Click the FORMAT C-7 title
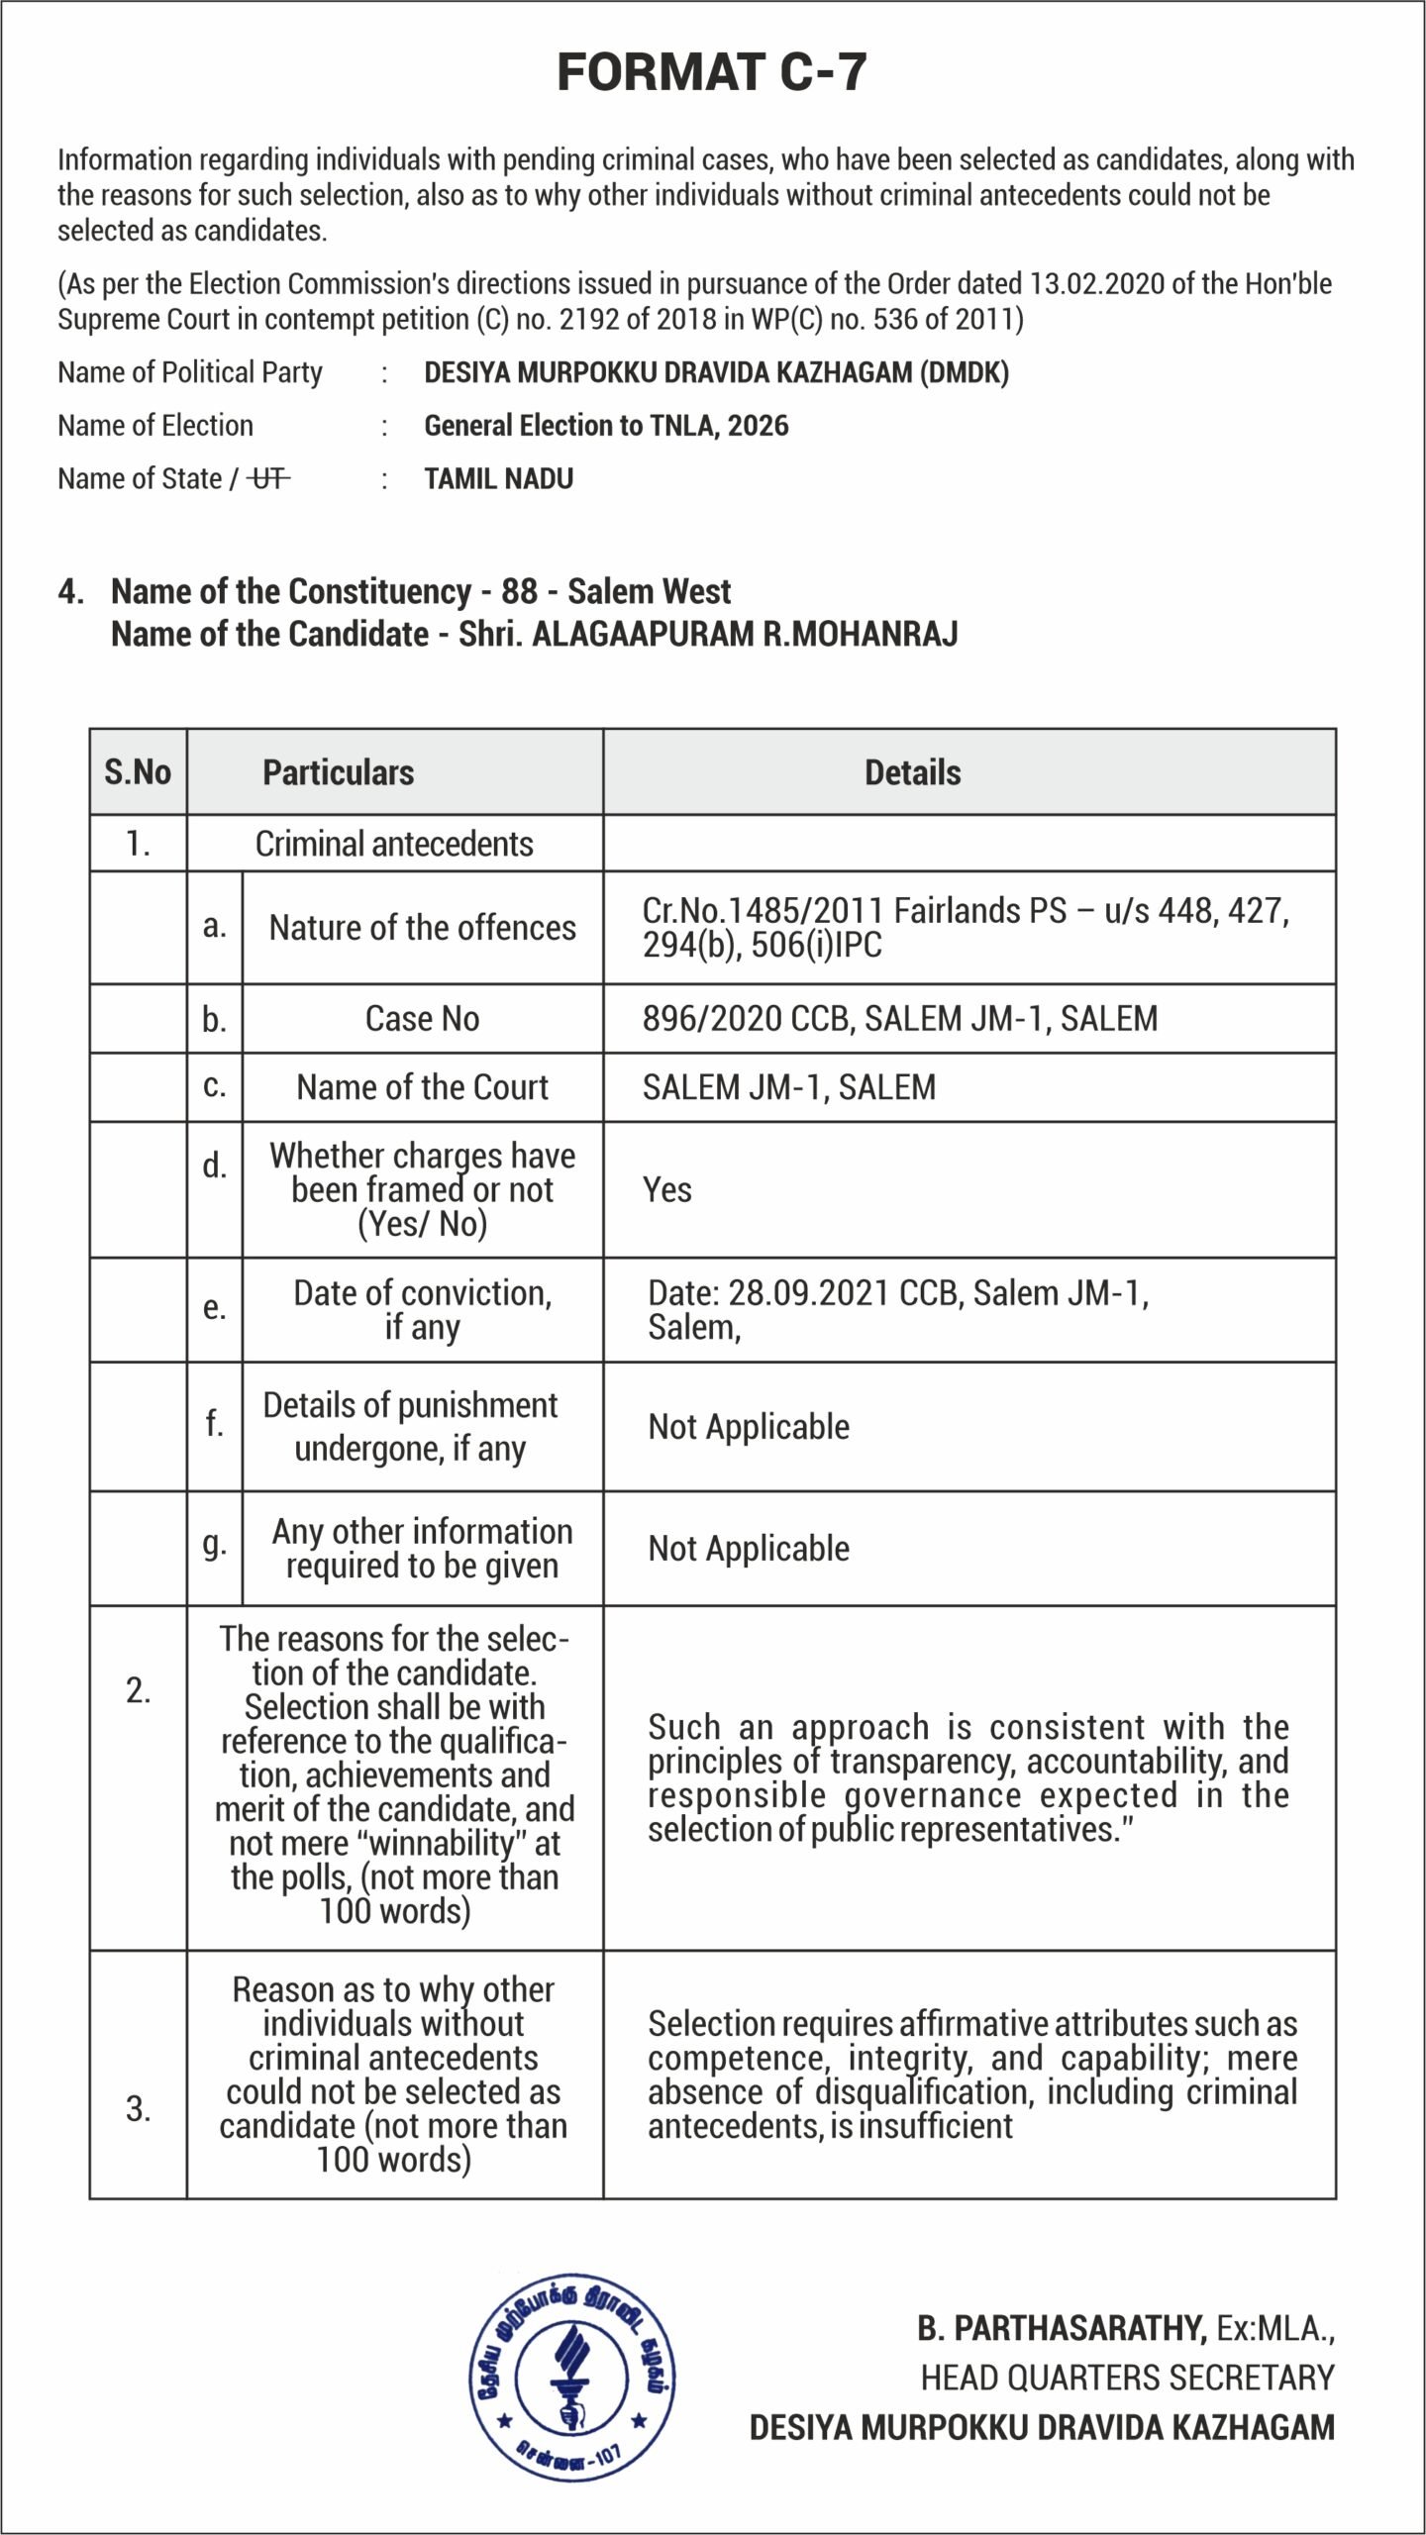711,72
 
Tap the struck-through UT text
268,479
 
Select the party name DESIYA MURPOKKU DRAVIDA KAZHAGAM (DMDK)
716,373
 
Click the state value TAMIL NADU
498,479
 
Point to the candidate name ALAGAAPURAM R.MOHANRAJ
745,634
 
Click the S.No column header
138,772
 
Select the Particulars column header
338,772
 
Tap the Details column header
912,772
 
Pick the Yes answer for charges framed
666,1189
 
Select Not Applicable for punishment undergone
749,1427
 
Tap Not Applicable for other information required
749,1549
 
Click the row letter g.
214,1544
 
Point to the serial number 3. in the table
138,2109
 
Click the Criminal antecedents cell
394,844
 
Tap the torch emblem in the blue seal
571,2377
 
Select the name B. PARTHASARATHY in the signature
1061,2328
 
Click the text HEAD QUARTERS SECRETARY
1127,2378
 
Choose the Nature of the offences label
422,928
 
